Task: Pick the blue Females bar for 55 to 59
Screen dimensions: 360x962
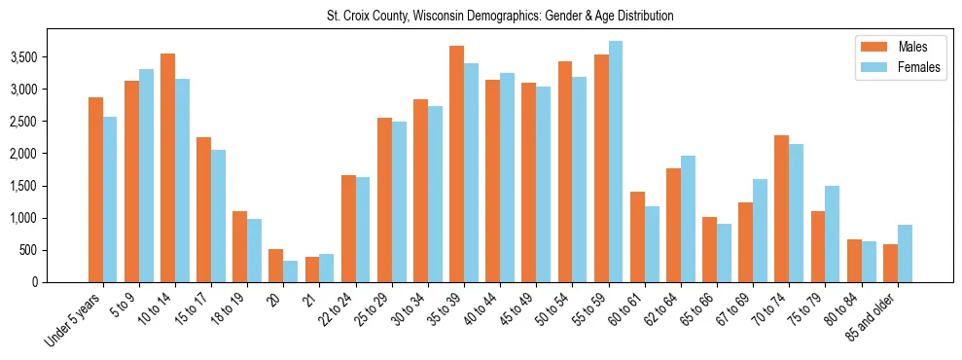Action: [615, 162]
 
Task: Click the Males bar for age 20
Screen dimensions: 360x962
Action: [275, 266]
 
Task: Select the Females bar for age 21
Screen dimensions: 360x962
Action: [326, 269]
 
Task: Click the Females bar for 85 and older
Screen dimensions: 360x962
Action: [905, 254]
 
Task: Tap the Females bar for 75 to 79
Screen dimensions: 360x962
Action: [832, 234]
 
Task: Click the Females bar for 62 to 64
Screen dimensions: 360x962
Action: [687, 219]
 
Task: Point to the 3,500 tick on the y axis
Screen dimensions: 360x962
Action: [51, 57]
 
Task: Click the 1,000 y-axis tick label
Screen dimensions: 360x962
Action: [51, 218]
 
